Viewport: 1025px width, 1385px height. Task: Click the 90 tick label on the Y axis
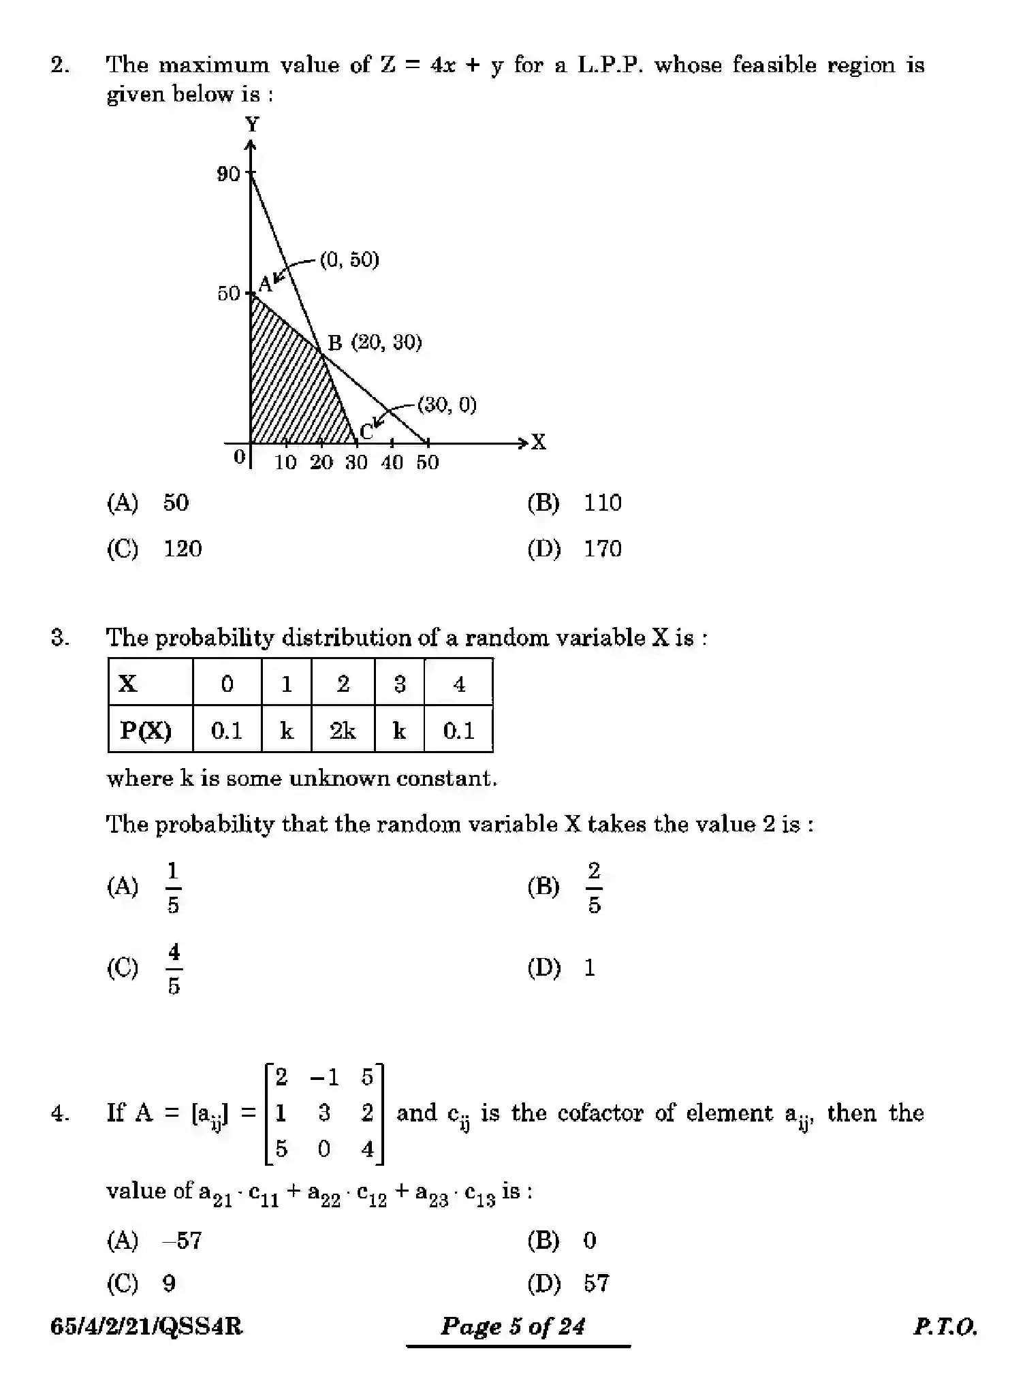pyautogui.click(x=228, y=174)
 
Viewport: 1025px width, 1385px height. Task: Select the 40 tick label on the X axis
pyautogui.click(x=392, y=463)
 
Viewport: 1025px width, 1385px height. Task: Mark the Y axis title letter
pyautogui.click(x=252, y=125)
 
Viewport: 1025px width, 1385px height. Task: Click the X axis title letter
pyautogui.click(x=539, y=443)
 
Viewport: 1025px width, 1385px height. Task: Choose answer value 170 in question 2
pyautogui.click(x=602, y=549)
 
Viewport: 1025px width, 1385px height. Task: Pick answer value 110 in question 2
pyautogui.click(x=602, y=503)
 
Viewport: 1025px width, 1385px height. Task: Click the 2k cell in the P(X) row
pyautogui.click(x=343, y=731)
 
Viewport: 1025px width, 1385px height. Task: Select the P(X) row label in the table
pyautogui.click(x=146, y=731)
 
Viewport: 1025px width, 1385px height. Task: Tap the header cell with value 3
pyautogui.click(x=400, y=684)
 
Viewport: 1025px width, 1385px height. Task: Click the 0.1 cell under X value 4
pyautogui.click(x=458, y=731)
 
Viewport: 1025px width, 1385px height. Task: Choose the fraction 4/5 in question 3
pyautogui.click(x=174, y=968)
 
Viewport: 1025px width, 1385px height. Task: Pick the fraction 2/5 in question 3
pyautogui.click(x=594, y=887)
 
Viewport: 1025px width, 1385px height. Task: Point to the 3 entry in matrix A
pyautogui.click(x=324, y=1113)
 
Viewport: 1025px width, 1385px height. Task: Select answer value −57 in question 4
pyautogui.click(x=183, y=1241)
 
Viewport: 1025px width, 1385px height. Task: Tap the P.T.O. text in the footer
pyautogui.click(x=945, y=1326)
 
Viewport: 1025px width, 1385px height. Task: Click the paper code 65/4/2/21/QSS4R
pyautogui.click(x=146, y=1326)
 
